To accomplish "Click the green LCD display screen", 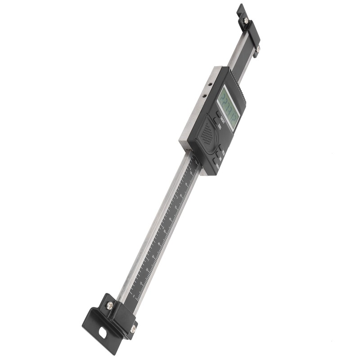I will point(229,108).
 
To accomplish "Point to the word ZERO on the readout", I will point(220,126).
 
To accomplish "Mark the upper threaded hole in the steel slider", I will point(210,84).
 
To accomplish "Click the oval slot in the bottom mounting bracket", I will point(104,335).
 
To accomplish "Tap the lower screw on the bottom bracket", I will point(133,329).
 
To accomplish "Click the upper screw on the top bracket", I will point(245,20).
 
